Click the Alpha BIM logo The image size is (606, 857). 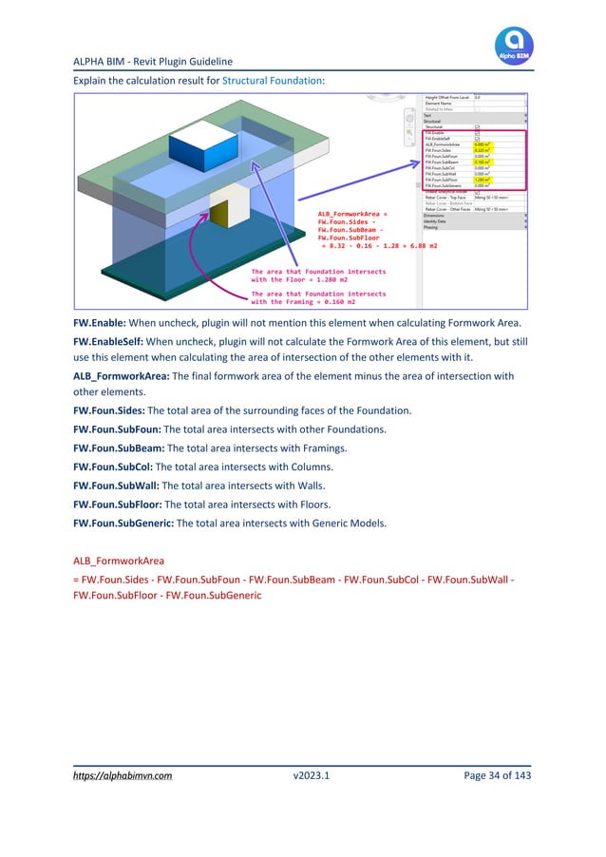pos(514,45)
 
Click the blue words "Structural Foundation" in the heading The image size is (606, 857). pos(273,81)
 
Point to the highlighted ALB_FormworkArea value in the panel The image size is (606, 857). pos(483,143)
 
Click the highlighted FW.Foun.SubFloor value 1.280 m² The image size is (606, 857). pos(483,179)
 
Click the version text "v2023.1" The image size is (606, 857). pos(312,776)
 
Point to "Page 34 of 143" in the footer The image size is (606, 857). pos(497,776)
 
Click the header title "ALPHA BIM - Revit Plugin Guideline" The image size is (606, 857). pos(153,62)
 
